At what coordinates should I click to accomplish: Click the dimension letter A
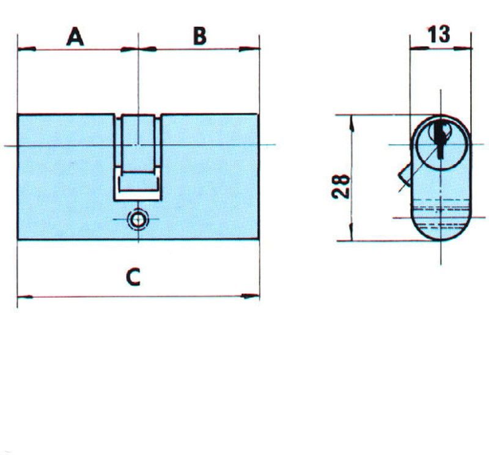click(x=75, y=37)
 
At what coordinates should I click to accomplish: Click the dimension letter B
click(x=200, y=36)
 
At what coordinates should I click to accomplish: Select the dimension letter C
click(x=133, y=278)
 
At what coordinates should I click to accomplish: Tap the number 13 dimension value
click(x=439, y=34)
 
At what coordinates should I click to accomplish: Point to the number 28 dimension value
click(x=340, y=187)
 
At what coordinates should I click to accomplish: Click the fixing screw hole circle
click(x=138, y=220)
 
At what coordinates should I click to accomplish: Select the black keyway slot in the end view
click(x=440, y=138)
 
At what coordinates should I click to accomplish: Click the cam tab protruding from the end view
click(x=405, y=176)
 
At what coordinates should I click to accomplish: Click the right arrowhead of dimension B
click(x=249, y=49)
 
